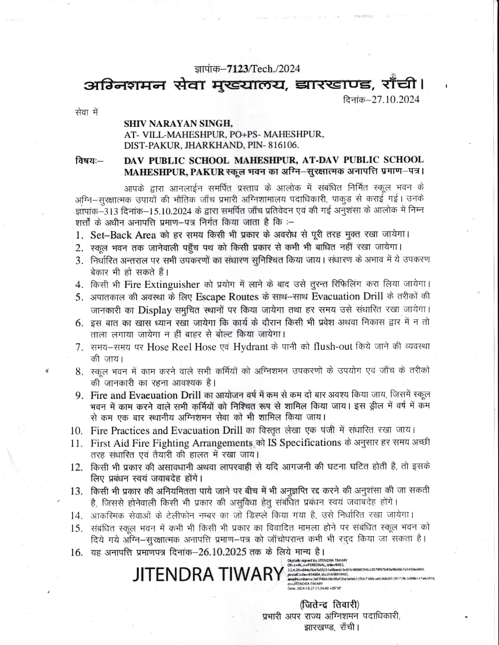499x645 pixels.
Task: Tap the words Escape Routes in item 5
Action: (227, 297)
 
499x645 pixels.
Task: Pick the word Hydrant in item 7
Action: (250, 347)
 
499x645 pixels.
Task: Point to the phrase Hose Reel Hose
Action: (182, 347)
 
